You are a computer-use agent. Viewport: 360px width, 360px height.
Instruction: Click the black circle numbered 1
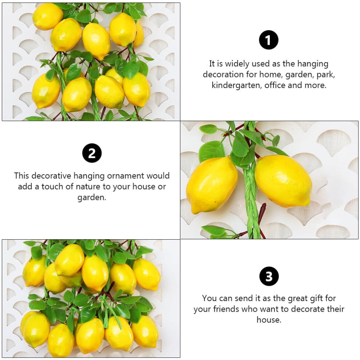(x=268, y=40)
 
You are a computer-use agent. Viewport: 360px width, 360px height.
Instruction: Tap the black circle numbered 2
(x=92, y=153)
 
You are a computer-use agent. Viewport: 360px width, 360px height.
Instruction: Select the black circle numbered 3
(x=269, y=276)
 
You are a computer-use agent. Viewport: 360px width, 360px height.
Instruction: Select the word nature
(x=88, y=187)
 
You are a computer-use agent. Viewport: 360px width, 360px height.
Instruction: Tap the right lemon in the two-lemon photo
(x=283, y=181)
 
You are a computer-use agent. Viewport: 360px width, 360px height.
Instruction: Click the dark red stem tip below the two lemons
(x=264, y=204)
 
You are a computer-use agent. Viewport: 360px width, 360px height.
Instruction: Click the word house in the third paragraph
(x=268, y=320)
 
